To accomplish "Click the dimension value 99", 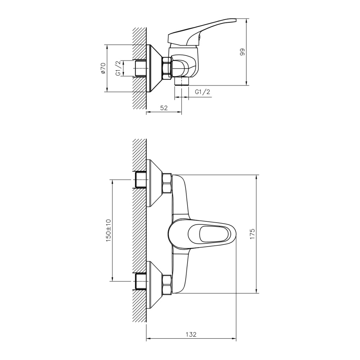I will pos(242,52).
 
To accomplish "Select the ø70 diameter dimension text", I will pos(103,68).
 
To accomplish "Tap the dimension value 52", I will pos(164,108).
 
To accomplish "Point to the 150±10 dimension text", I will pos(108,230).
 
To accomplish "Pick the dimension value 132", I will pos(191,334).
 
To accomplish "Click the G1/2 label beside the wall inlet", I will pos(118,68).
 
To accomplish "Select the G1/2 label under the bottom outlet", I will pos(202,92).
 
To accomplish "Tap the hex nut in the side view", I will pos(167,68).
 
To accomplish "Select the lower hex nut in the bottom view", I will pos(167,285).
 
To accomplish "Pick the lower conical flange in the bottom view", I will pos(154,285).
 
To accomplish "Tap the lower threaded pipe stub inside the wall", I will pos(141,281).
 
